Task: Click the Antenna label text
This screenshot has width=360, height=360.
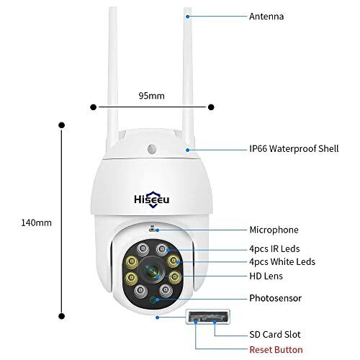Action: point(266,15)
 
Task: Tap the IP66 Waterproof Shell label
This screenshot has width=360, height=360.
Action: point(294,149)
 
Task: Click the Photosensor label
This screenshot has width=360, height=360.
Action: point(274,297)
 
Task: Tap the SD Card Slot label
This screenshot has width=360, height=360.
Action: point(274,335)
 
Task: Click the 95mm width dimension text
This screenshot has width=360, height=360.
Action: point(151,95)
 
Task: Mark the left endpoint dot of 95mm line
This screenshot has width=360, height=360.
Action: point(93,107)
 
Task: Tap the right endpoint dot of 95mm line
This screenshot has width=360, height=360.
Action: point(211,107)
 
